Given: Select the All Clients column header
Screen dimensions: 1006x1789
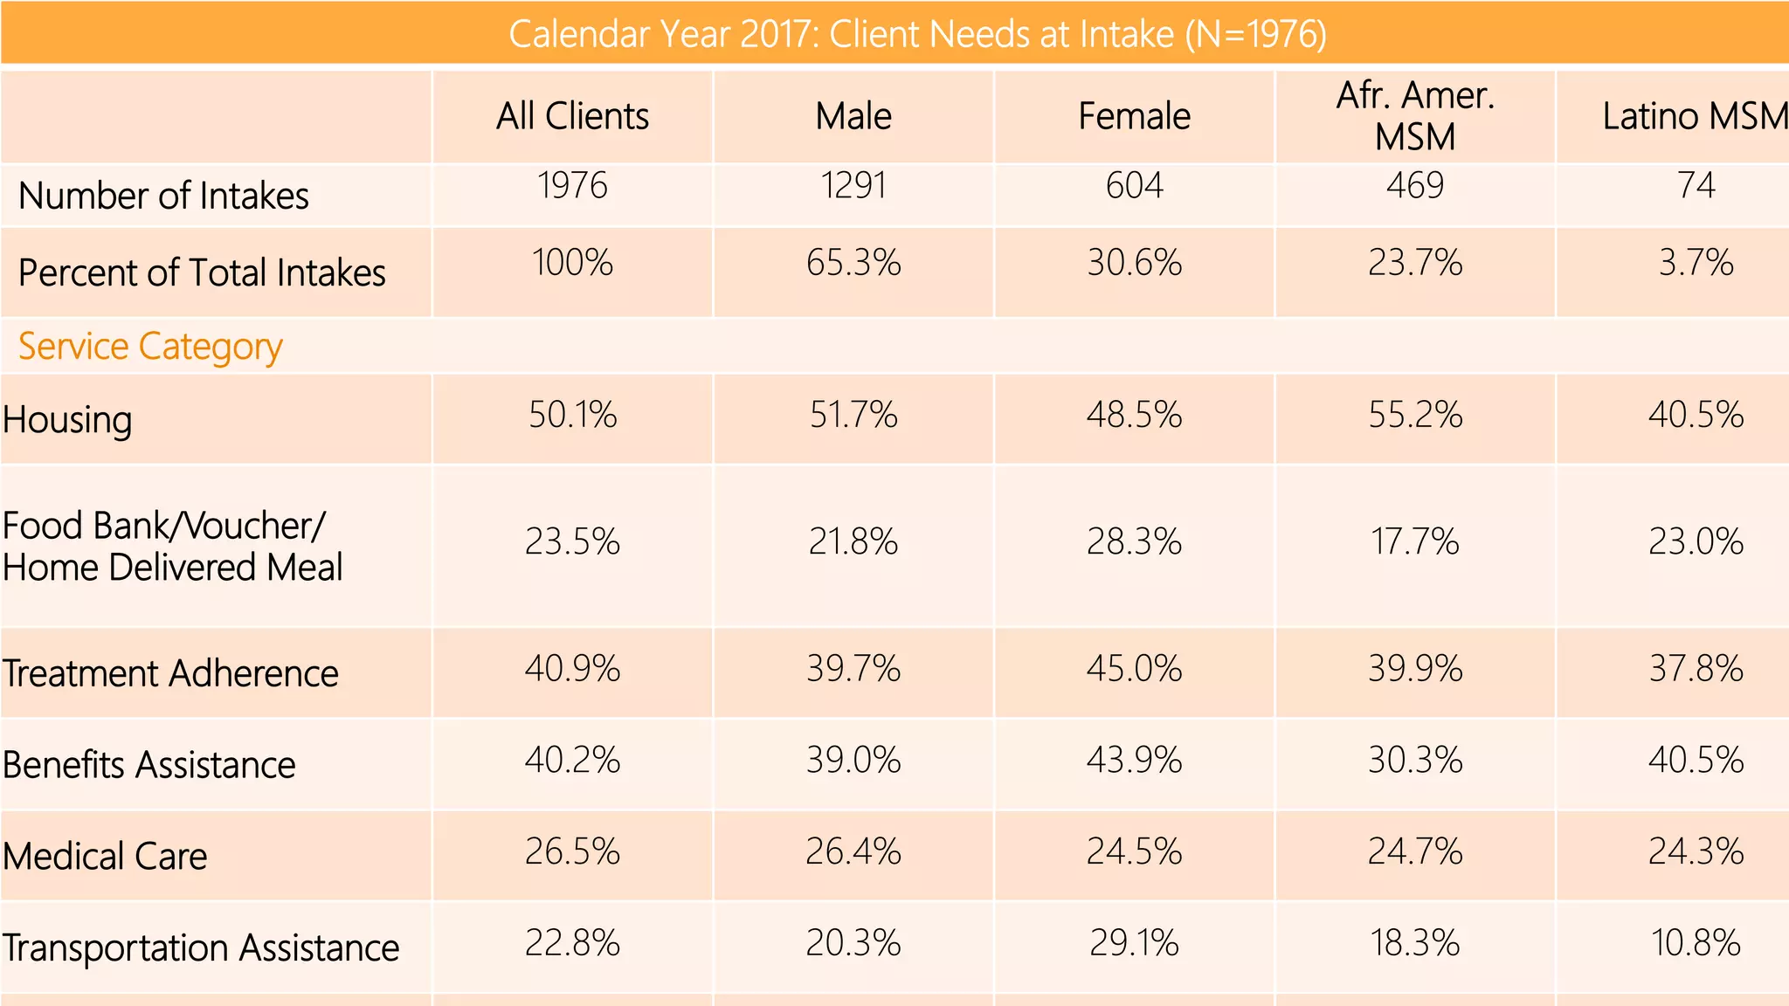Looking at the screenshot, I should [572, 116].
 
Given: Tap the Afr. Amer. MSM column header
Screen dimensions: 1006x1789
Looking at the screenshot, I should [1415, 116].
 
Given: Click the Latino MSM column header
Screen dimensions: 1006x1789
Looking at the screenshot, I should [1693, 116].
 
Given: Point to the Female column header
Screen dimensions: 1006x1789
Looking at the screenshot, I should [1134, 116].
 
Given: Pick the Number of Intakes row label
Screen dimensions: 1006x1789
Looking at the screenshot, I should [163, 196].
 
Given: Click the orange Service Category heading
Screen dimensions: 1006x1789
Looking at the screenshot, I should [150, 347].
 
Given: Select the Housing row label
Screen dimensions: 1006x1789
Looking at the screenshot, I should [67, 420].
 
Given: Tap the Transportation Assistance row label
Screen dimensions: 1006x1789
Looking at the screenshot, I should [200, 947].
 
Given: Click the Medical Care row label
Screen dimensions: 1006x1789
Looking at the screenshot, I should [105, 856].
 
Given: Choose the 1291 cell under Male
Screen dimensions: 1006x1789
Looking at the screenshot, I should [853, 185].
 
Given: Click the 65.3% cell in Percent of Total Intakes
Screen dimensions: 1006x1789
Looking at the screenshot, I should [853, 263].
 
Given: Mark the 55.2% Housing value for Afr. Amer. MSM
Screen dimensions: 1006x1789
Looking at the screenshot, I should [1415, 415].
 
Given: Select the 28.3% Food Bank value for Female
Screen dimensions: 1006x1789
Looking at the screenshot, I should [1134, 542].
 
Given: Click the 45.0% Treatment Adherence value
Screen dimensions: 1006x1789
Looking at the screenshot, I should [1134, 670].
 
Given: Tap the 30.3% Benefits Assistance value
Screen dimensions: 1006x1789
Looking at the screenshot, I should [1415, 761].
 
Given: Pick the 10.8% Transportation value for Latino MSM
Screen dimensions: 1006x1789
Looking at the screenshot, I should [1696, 943].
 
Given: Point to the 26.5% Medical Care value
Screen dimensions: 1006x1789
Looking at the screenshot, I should [572, 852].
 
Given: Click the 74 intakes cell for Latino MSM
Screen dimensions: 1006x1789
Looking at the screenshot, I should [1696, 185].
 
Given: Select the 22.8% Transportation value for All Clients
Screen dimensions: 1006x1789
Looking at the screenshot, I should [572, 943].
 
